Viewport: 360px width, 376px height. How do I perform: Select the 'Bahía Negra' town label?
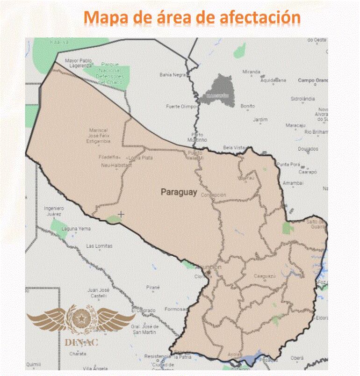(x=173, y=74)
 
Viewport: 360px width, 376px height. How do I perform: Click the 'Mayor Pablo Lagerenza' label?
(x=79, y=63)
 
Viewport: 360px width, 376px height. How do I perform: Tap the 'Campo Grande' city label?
(x=313, y=80)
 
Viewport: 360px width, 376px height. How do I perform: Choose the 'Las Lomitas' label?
(x=99, y=246)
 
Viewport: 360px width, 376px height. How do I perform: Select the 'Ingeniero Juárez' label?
(x=53, y=211)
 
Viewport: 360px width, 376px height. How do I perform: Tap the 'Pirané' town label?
(x=153, y=287)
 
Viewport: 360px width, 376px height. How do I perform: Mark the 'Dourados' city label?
(x=308, y=149)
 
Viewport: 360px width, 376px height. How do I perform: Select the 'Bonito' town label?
(x=247, y=106)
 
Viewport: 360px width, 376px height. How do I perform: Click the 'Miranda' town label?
(x=251, y=72)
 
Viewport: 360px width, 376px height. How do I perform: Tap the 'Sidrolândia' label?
(x=303, y=99)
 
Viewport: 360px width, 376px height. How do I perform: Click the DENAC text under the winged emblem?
(x=81, y=342)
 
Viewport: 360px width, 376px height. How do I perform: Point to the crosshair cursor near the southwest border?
(x=121, y=214)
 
